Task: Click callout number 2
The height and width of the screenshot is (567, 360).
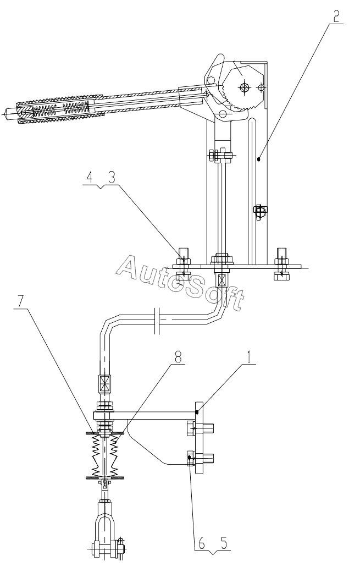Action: pos(336,16)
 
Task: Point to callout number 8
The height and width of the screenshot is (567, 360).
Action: pos(178,358)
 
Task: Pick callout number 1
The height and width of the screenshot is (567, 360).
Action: pos(248,358)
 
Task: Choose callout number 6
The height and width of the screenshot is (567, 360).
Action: pos(201,543)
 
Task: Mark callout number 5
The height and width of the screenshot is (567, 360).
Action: pos(224,543)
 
